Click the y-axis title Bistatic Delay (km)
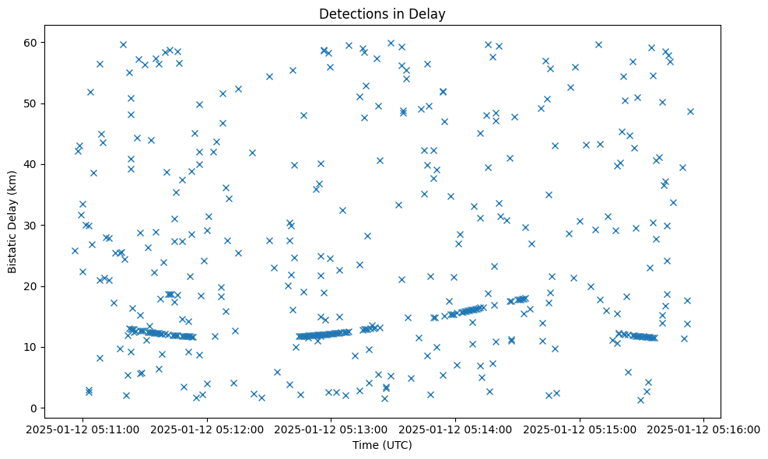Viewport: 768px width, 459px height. click(13, 221)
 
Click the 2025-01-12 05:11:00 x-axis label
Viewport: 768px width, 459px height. click(83, 429)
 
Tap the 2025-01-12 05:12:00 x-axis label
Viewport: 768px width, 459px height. click(207, 429)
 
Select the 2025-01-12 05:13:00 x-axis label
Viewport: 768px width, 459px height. click(331, 429)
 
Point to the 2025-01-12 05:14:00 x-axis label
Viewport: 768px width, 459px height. click(455, 429)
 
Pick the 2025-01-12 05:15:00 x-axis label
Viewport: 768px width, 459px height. click(580, 429)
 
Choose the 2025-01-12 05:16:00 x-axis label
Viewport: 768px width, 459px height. click(704, 429)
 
